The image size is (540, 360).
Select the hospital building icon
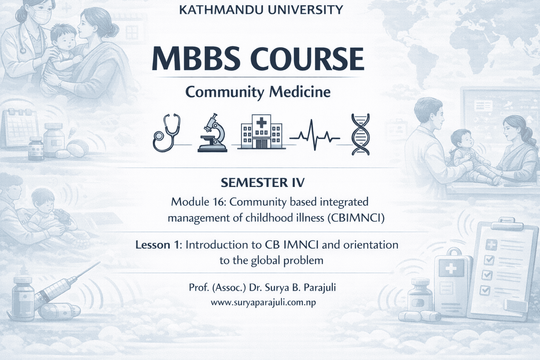tap(261, 132)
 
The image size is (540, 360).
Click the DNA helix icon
tap(361, 134)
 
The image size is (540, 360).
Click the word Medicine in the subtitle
tap(300, 92)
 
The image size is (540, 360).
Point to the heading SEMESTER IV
tap(263, 182)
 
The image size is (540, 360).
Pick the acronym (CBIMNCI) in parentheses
tap(356, 218)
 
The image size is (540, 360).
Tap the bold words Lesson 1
tap(158, 245)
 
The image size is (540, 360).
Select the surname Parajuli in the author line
tap(320, 288)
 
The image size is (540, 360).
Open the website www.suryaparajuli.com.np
tap(263, 302)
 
